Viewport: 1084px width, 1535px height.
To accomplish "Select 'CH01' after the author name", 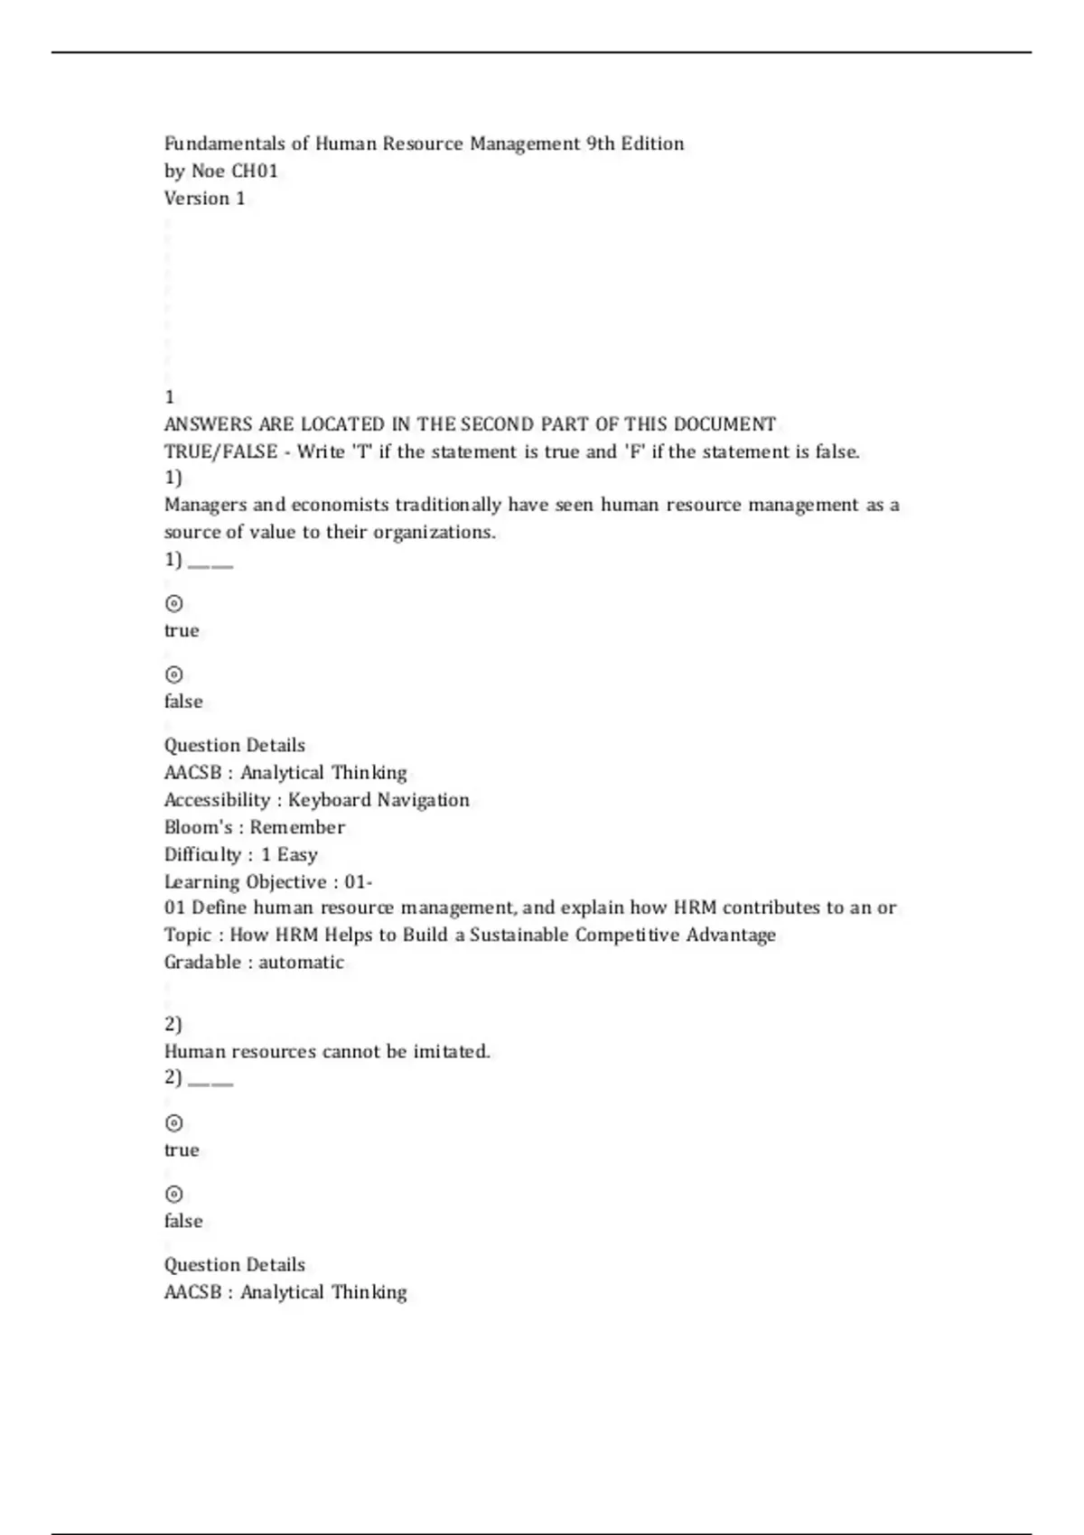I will point(255,171).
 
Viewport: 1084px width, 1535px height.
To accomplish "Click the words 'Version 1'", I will point(204,198).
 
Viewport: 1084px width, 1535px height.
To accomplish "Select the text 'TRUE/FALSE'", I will point(220,451).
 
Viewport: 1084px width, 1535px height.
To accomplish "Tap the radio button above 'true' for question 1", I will point(174,603).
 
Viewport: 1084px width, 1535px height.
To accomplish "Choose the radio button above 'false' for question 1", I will point(174,674).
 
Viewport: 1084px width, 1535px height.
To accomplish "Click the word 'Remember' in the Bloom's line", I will point(297,827).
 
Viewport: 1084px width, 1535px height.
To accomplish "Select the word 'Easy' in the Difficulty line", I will point(297,854).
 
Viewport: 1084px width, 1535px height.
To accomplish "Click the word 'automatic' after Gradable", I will point(301,962).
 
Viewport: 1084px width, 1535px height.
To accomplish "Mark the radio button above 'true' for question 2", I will point(174,1122).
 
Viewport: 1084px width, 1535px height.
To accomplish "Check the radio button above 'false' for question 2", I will point(174,1194).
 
